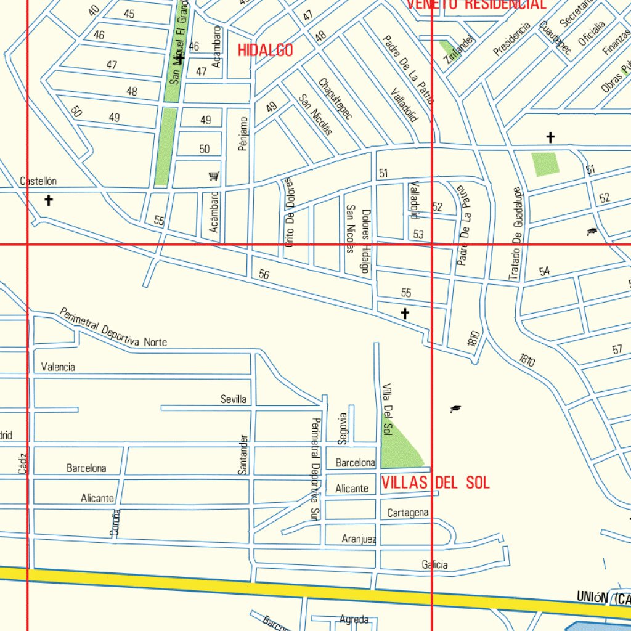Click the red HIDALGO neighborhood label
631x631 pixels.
tap(266, 51)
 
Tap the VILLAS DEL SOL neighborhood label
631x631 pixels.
tap(435, 482)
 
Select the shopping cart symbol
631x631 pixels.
tap(214, 176)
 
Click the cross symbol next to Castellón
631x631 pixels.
tap(49, 200)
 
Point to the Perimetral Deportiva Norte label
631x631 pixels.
tap(113, 327)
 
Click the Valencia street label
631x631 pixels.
tap(58, 367)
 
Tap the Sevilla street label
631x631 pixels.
tap(234, 399)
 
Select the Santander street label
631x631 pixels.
tap(243, 454)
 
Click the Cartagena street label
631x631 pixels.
tap(407, 513)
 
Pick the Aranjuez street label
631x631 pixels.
tap(359, 539)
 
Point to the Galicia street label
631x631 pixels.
tap(434, 564)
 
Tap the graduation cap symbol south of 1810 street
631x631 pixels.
tap(455, 409)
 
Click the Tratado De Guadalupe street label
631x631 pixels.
tap(516, 234)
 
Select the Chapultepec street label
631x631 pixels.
tap(335, 99)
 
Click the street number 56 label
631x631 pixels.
tap(264, 274)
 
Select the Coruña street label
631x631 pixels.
tap(115, 523)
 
